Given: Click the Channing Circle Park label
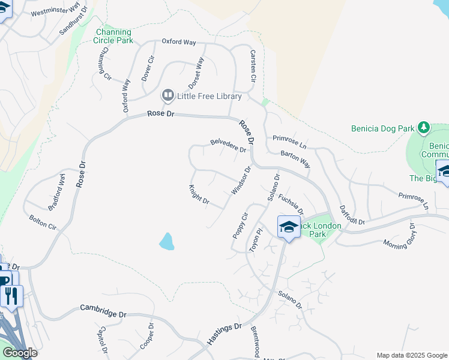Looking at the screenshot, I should (x=113, y=36).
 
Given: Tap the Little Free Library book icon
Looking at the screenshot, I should (x=168, y=96).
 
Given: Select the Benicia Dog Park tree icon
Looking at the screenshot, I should (x=424, y=128).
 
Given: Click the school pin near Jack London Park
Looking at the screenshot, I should (x=289, y=227).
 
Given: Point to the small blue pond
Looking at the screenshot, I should (x=166, y=241).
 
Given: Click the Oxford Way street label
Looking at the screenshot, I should (x=179, y=42).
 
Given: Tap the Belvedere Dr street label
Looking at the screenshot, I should (x=228, y=145).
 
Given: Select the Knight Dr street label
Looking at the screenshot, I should (x=199, y=195).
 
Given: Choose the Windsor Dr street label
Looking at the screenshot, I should (x=240, y=180).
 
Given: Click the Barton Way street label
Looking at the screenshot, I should (x=295, y=158).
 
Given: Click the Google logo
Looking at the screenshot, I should (x=19, y=353).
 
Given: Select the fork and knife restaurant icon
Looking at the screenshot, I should (x=11, y=295).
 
